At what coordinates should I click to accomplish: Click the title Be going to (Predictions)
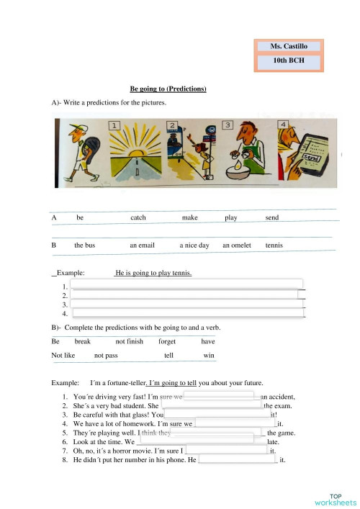168,89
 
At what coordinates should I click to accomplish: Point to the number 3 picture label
228,125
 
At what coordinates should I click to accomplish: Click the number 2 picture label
171,126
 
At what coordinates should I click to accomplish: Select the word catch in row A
138,217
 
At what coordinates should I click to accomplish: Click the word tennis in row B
274,246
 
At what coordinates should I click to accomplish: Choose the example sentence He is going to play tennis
153,274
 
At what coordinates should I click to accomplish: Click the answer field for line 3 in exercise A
187,305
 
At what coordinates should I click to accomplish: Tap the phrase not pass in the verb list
106,356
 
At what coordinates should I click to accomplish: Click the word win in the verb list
209,356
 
